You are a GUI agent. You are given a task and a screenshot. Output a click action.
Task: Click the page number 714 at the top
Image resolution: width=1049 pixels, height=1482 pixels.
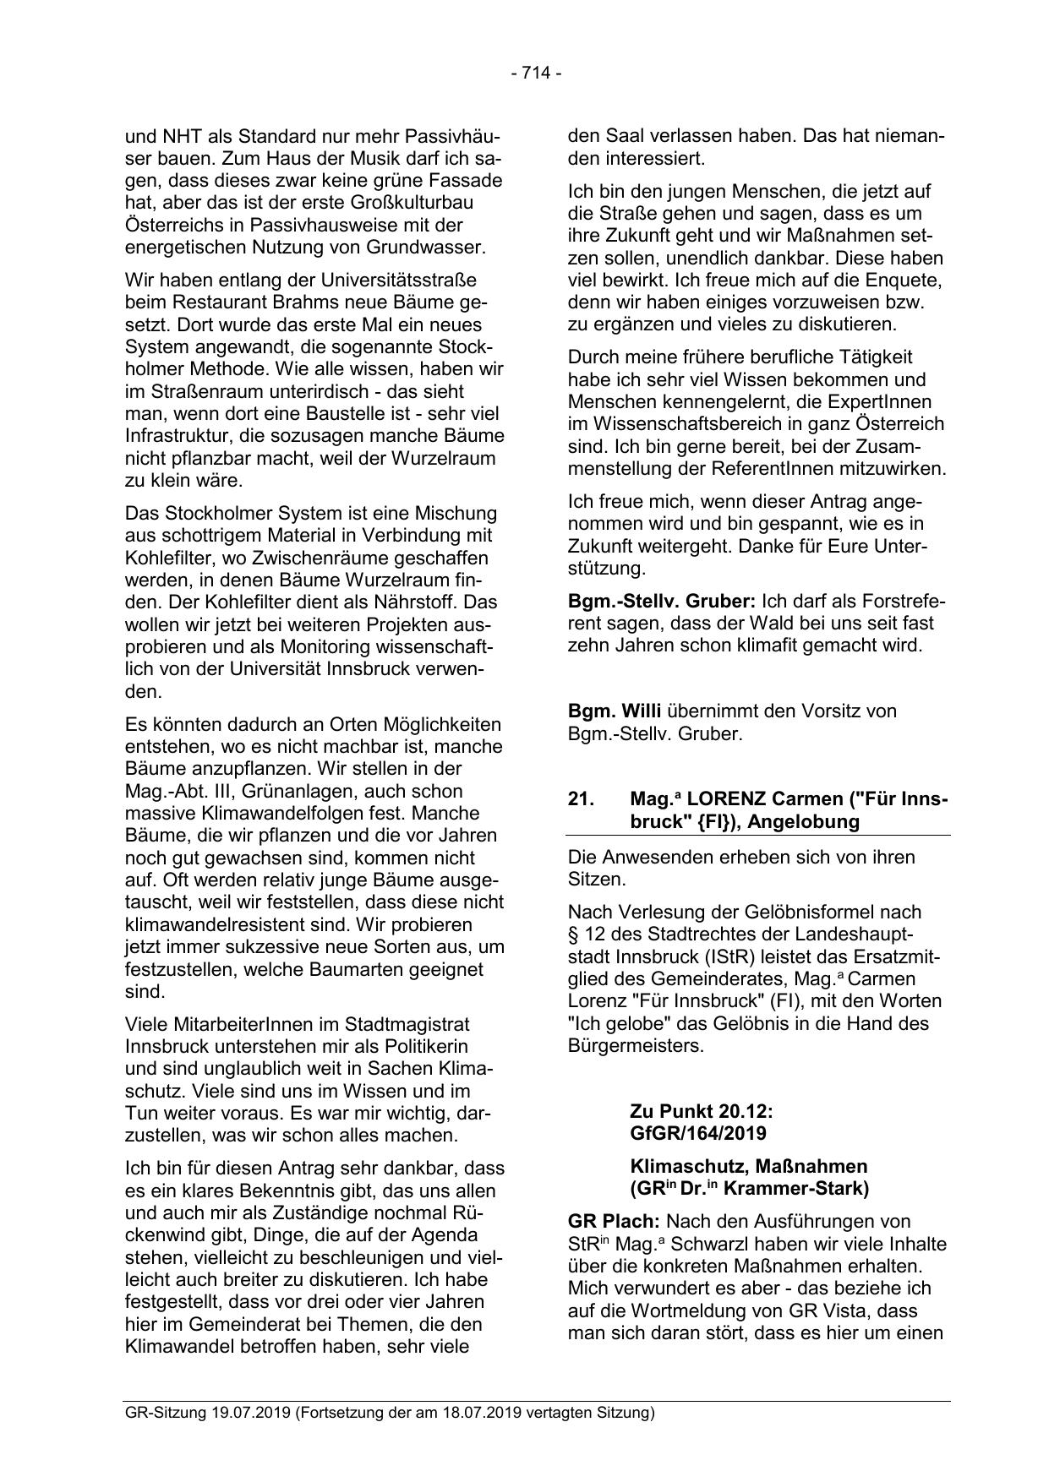point(536,74)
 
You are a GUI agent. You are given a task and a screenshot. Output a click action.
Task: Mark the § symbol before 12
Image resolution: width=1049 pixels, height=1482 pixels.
point(573,935)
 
